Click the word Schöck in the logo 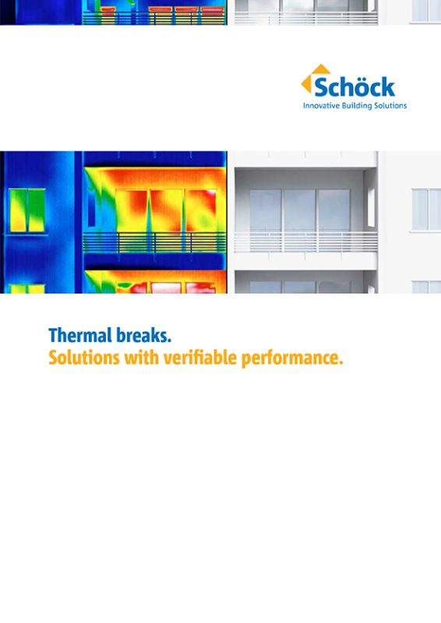coord(355,87)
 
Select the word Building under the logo coord(356,106)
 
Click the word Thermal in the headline coord(79,336)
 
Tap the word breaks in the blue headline coord(142,336)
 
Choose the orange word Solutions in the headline coord(84,357)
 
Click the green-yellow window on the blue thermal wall coord(27,210)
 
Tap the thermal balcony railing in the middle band coord(154,243)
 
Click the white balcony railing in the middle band coord(305,242)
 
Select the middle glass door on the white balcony coord(300,210)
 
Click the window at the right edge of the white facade coord(426,209)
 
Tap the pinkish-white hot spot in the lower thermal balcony coord(166,287)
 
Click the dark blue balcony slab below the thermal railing coord(154,262)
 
